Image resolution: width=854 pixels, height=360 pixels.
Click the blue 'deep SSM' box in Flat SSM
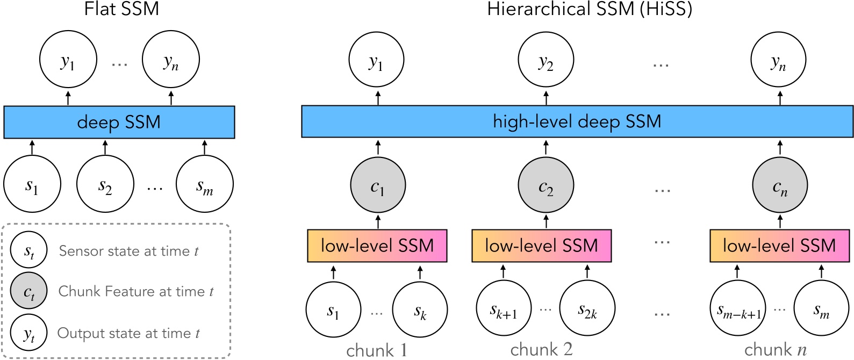(119, 122)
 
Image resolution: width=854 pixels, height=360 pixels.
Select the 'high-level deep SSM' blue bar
(577, 121)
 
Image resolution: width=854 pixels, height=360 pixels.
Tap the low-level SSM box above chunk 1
(377, 246)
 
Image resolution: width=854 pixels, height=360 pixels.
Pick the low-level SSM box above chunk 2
(541, 246)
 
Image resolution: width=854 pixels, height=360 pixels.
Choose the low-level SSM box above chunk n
(779, 246)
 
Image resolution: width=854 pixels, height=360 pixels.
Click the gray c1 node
(378, 185)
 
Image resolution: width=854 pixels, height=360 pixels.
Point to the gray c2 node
(546, 185)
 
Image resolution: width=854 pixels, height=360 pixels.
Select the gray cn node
(780, 185)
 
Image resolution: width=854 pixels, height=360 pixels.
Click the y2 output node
(546, 60)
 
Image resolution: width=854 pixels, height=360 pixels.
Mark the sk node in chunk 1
(420, 310)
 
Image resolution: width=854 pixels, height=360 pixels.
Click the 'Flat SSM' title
(121, 9)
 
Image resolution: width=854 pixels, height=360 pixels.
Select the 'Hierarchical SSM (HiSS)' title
(590, 9)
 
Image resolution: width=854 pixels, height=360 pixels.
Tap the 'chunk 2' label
(541, 350)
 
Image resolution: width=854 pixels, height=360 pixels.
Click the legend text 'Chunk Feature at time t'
(136, 291)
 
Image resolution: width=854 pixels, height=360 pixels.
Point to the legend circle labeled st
(29, 250)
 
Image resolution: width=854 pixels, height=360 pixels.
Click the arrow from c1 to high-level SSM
(378, 147)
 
